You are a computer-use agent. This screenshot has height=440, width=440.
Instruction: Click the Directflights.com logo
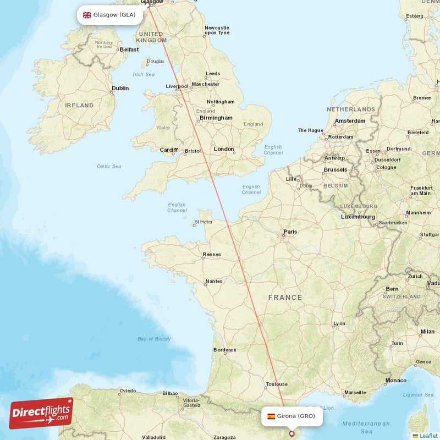pyautogui.click(x=41, y=413)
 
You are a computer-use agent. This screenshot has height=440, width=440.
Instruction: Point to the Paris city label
pyautogui.click(x=290, y=232)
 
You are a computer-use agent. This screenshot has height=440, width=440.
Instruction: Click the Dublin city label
pyautogui.click(x=120, y=88)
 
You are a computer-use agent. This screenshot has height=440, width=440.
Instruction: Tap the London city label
pyautogui.click(x=224, y=149)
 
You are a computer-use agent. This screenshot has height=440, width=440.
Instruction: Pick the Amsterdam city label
pyautogui.click(x=350, y=121)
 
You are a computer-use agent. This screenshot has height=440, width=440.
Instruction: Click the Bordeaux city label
pyautogui.click(x=224, y=350)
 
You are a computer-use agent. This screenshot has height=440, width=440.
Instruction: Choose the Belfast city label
pyautogui.click(x=129, y=50)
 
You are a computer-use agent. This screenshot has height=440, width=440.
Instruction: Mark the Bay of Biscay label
pyautogui.click(x=154, y=339)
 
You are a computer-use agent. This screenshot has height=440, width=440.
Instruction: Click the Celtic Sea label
pyautogui.click(x=109, y=166)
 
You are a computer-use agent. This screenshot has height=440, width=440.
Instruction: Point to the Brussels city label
pyautogui.click(x=335, y=170)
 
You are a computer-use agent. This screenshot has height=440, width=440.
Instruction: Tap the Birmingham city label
pyautogui.click(x=216, y=118)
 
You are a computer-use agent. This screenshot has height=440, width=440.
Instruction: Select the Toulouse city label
pyautogui.click(x=276, y=384)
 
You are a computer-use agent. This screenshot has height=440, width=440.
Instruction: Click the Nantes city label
pyautogui.click(x=213, y=282)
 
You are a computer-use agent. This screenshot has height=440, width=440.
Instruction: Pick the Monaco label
pyautogui.click(x=396, y=381)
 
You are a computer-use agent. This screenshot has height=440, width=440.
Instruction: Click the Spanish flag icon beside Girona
pyautogui.click(x=271, y=416)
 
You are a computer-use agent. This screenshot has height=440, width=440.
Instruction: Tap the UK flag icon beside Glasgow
pyautogui.click(x=87, y=15)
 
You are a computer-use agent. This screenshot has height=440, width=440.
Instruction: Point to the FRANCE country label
pyautogui.click(x=285, y=298)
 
